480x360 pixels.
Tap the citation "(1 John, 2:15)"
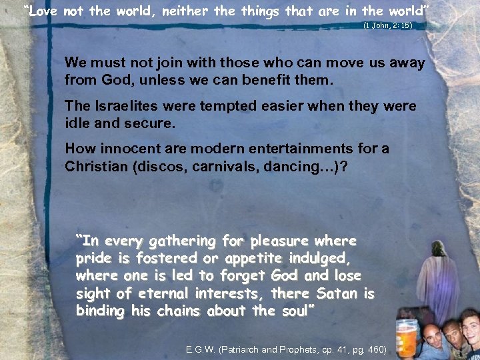click(x=388, y=25)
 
